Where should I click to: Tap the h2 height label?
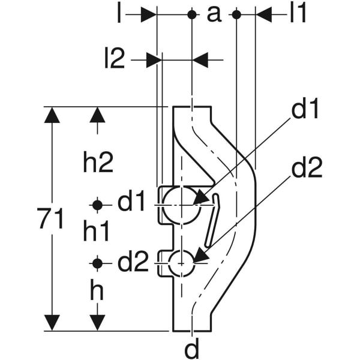(x=98, y=162)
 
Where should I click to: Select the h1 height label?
(x=97, y=231)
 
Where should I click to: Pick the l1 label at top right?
(x=298, y=14)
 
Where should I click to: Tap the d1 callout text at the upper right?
(x=306, y=110)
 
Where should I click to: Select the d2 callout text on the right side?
(x=307, y=169)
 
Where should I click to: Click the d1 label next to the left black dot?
(x=132, y=204)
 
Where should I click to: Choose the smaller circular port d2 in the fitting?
(x=181, y=263)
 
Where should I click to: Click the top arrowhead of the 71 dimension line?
(x=53, y=115)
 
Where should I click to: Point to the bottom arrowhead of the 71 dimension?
(x=53, y=323)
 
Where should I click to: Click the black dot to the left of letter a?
(x=191, y=14)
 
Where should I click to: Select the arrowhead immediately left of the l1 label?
(x=265, y=14)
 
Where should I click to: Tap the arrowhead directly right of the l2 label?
(x=154, y=59)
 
